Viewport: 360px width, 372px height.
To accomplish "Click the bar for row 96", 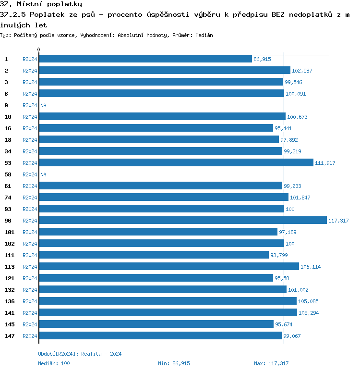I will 182,220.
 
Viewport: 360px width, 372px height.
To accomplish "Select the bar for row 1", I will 145,59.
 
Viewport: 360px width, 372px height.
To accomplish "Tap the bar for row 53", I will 176,162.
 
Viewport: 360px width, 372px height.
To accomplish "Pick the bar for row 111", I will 154,255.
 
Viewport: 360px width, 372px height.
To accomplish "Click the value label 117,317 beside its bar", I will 338,221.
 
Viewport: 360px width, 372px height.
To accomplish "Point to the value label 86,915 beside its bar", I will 262,59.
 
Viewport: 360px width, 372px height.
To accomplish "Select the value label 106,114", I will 311,267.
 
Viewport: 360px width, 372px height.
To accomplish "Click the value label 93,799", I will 279,255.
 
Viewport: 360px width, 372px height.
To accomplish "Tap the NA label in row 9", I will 43,105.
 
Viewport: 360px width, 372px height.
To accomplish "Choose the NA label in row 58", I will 43,174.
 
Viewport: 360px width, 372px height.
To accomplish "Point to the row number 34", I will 8,151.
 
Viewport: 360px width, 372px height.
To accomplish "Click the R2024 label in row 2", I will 30,71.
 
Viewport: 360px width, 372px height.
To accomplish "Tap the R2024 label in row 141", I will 30,313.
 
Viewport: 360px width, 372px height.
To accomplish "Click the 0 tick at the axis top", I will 39,50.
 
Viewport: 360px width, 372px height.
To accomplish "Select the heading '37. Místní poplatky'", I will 41,4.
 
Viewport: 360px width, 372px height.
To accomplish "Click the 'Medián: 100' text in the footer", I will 54,363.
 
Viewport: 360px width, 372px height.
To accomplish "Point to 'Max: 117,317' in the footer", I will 271,363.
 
